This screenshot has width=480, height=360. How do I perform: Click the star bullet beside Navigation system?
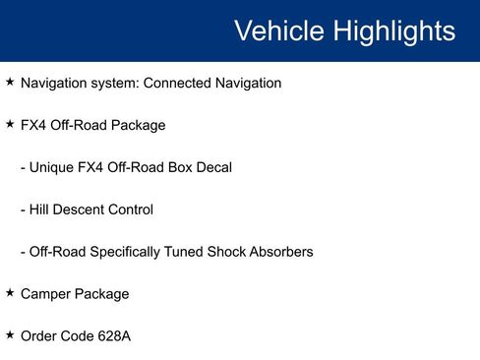(10, 82)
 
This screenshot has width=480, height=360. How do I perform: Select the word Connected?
(179, 83)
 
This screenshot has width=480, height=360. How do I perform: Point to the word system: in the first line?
(116, 83)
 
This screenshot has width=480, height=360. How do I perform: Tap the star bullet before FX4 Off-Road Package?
(10, 124)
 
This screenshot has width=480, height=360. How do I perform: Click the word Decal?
(213, 167)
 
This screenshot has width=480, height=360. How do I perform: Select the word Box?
(179, 167)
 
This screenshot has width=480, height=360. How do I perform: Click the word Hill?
(40, 210)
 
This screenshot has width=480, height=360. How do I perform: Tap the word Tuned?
(183, 252)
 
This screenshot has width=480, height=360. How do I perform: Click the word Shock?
(227, 252)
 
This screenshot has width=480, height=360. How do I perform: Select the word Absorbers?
(282, 252)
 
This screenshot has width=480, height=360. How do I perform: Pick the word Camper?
(45, 294)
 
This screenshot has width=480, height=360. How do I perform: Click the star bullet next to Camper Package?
(10, 293)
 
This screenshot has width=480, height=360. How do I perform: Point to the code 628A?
(113, 336)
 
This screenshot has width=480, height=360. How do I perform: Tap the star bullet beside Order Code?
(10, 335)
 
